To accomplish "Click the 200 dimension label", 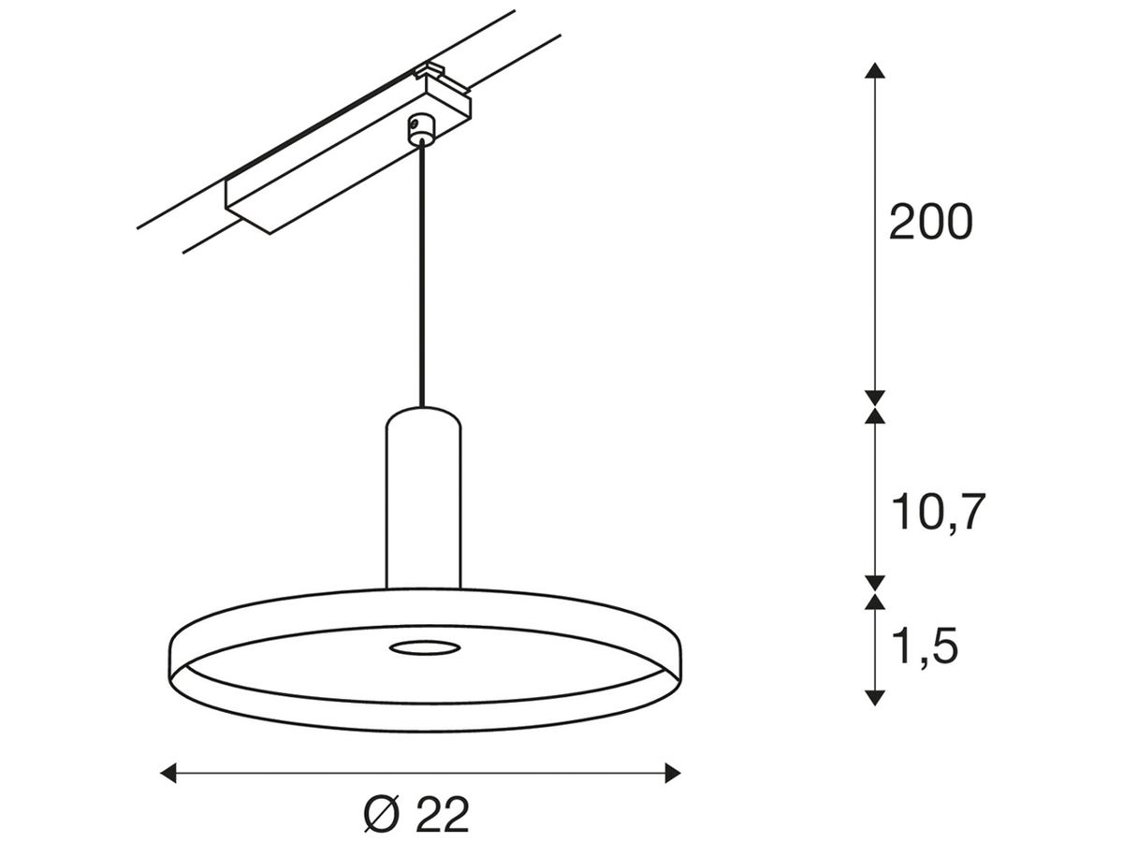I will [x=930, y=224].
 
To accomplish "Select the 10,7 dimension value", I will [x=938, y=513].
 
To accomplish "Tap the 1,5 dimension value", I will [x=925, y=646].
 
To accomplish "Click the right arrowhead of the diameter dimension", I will [x=671, y=773].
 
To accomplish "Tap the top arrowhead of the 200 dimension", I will [x=874, y=71].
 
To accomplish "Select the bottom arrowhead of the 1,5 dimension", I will [x=874, y=696].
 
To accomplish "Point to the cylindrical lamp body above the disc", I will [x=423, y=505].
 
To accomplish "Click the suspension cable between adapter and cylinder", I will [x=422, y=281].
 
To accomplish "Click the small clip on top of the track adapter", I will [x=433, y=71].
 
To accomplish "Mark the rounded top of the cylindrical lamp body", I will [x=423, y=415].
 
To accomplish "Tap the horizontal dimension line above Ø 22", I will [x=421, y=773].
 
